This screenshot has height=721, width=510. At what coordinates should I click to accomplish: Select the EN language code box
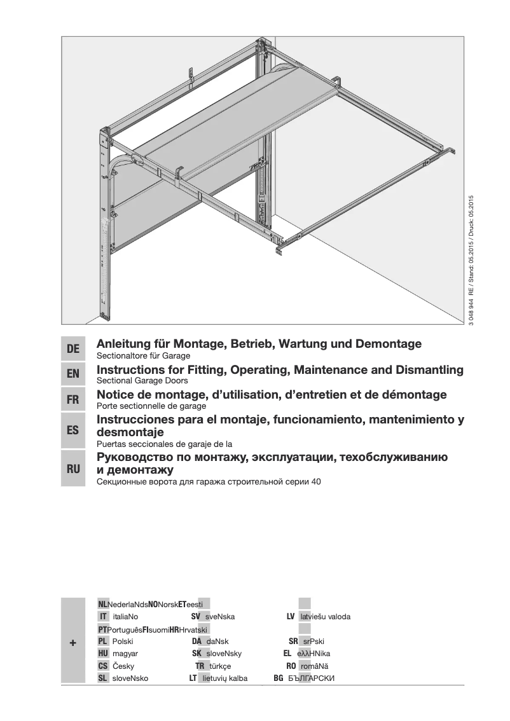coord(73,375)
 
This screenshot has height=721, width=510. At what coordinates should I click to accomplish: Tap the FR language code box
coord(73,401)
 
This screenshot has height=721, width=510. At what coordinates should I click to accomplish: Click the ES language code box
coord(73,430)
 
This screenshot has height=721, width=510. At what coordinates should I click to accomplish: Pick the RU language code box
coord(73,469)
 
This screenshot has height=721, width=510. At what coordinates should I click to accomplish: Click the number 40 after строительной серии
coord(316,482)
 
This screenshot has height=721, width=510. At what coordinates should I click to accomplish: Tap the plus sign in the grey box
coord(73,643)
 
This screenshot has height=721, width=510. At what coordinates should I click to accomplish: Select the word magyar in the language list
coord(125,654)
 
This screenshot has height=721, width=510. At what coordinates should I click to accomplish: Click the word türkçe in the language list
coord(220,666)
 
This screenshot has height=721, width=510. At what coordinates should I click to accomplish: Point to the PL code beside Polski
coord(102,642)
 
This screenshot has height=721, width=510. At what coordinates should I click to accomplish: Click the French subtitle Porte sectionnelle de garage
coord(151,406)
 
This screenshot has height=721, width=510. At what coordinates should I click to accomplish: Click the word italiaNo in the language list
coord(125,617)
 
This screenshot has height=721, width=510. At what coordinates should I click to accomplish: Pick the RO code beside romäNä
coord(291,666)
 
